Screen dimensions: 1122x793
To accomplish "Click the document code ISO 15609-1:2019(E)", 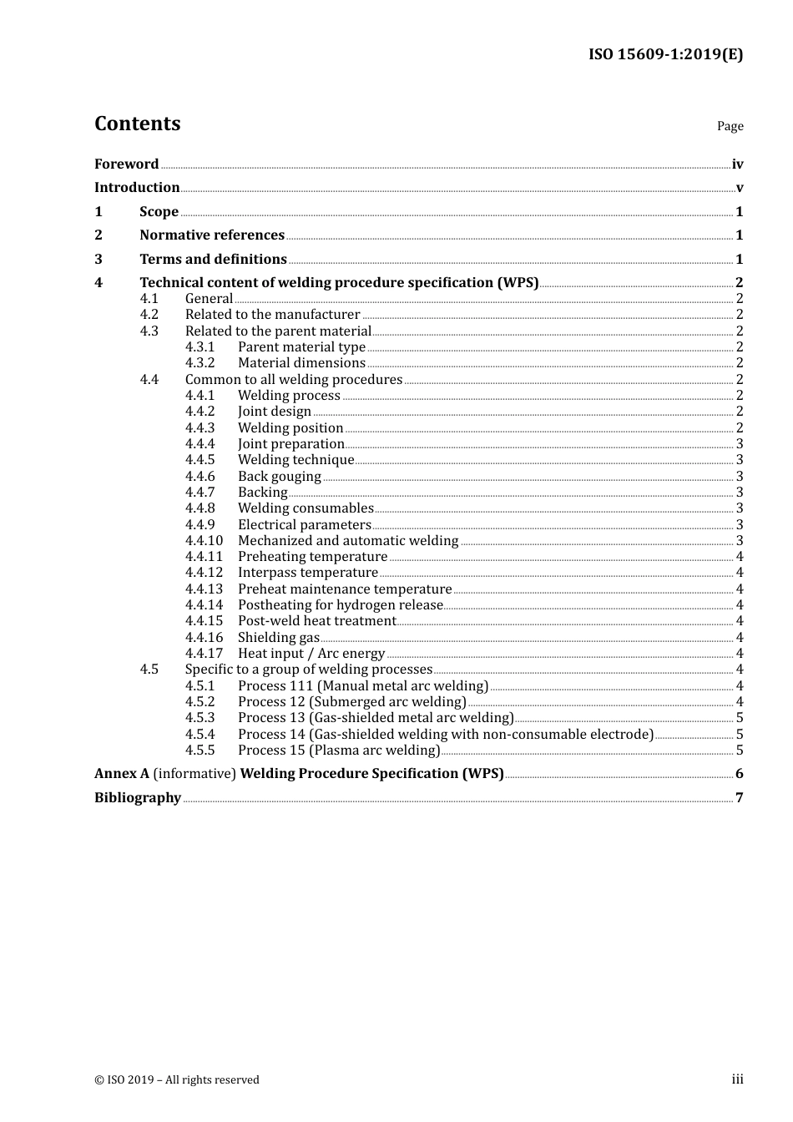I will point(665,54).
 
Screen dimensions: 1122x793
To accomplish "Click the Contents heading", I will point(137,124).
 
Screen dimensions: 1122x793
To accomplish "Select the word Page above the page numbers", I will point(730,126).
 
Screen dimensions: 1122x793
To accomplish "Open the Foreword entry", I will point(126,164).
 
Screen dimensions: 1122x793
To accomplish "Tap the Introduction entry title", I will point(137,187).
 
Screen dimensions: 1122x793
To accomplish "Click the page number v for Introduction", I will point(739,188).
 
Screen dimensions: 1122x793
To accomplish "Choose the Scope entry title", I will point(159,211).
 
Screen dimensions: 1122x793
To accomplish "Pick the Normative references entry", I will point(212,235).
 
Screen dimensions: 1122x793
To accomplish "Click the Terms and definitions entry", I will point(213,259).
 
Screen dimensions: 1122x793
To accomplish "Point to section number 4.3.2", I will point(200,362).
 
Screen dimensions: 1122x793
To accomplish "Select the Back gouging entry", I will point(279,476).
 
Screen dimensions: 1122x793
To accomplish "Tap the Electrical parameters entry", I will point(304,524).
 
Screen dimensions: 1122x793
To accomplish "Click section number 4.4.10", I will point(204,540).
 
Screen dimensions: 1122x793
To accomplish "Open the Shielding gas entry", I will point(278,637).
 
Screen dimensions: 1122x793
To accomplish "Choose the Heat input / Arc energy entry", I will point(311,653).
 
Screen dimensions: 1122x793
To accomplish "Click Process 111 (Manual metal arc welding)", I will point(362,685).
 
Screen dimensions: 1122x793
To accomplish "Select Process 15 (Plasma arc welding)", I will point(338,750).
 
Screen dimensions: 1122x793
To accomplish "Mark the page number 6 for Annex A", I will point(739,773).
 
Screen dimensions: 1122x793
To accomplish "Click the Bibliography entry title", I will point(137,797).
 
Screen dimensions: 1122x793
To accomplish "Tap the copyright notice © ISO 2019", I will point(177,1079).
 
